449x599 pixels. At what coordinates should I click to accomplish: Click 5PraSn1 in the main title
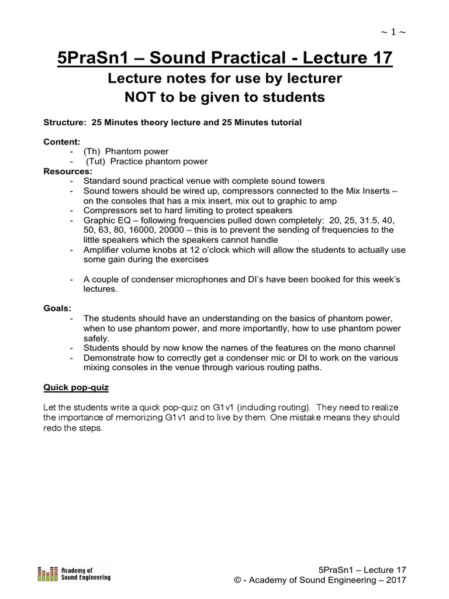pos(88,58)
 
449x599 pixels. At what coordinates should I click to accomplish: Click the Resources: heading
pos(68,171)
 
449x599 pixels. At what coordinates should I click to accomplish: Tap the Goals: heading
pos(57,308)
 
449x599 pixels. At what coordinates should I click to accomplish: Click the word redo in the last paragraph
pos(54,428)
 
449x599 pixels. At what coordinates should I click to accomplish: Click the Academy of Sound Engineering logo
pos(74,574)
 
